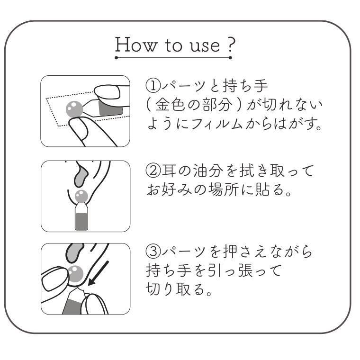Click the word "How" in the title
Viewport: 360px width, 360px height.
(x=136, y=45)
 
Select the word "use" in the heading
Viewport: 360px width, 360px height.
(x=205, y=46)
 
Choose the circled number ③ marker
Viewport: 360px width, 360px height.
(x=153, y=252)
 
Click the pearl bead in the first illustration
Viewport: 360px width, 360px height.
(x=74, y=109)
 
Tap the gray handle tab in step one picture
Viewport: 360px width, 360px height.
(x=110, y=108)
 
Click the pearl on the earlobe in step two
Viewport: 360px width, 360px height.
(x=81, y=197)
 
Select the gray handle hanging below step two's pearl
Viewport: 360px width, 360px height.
(x=81, y=221)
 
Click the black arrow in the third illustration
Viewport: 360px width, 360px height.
(x=98, y=274)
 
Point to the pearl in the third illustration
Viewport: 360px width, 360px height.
(x=75, y=274)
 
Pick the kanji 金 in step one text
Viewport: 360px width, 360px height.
(x=163, y=105)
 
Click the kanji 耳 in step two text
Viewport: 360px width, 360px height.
(x=169, y=171)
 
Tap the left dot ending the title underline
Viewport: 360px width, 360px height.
(x=116, y=58)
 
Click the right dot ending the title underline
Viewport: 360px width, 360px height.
(x=230, y=58)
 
